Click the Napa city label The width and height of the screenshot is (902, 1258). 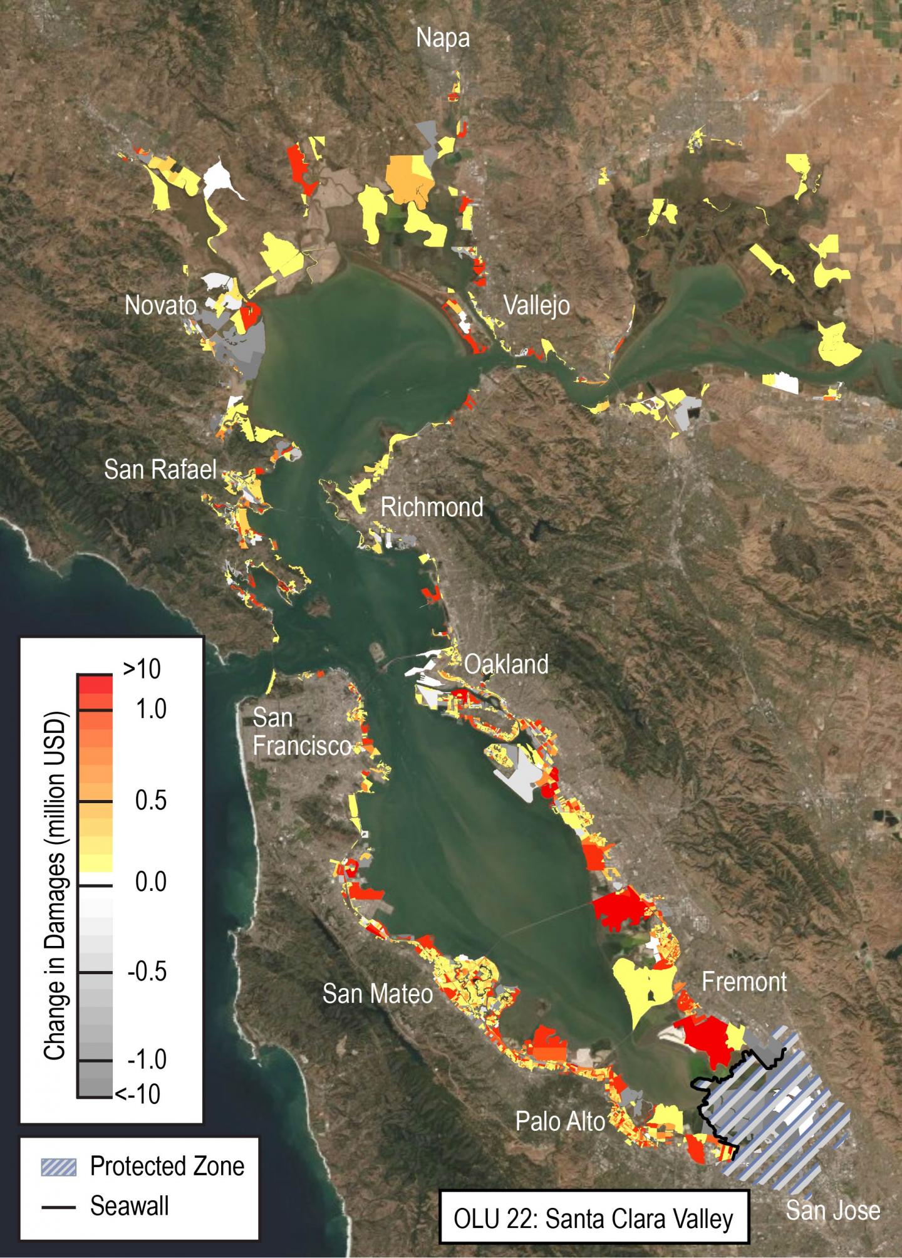[x=443, y=39]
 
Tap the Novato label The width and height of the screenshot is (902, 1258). [x=160, y=306]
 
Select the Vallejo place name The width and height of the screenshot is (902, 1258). [x=537, y=306]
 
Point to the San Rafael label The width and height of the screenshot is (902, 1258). [x=160, y=469]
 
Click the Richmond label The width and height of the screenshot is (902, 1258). [x=432, y=507]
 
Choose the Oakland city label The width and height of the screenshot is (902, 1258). [x=506, y=664]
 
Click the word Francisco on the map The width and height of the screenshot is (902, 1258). [x=301, y=747]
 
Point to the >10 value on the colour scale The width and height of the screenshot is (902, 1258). [x=142, y=670]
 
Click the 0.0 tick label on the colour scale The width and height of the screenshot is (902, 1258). [x=150, y=883]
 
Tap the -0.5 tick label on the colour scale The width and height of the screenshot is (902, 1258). [x=147, y=972]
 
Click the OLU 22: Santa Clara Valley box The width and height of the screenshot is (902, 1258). [x=594, y=1219]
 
